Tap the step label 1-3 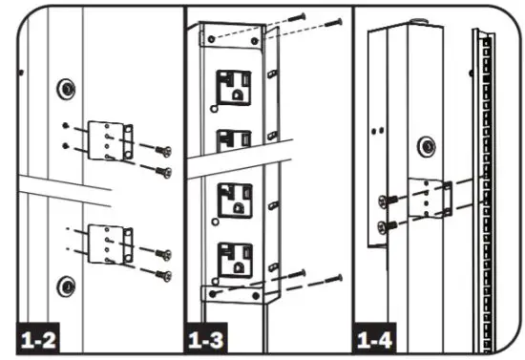click(208, 338)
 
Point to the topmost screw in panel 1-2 click(163, 150)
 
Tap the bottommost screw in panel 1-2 click(163, 275)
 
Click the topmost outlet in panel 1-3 click(233, 88)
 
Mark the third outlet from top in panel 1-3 click(233, 201)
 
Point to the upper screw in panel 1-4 click(384, 201)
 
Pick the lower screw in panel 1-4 click(384, 225)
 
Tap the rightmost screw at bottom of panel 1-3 click(334, 278)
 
